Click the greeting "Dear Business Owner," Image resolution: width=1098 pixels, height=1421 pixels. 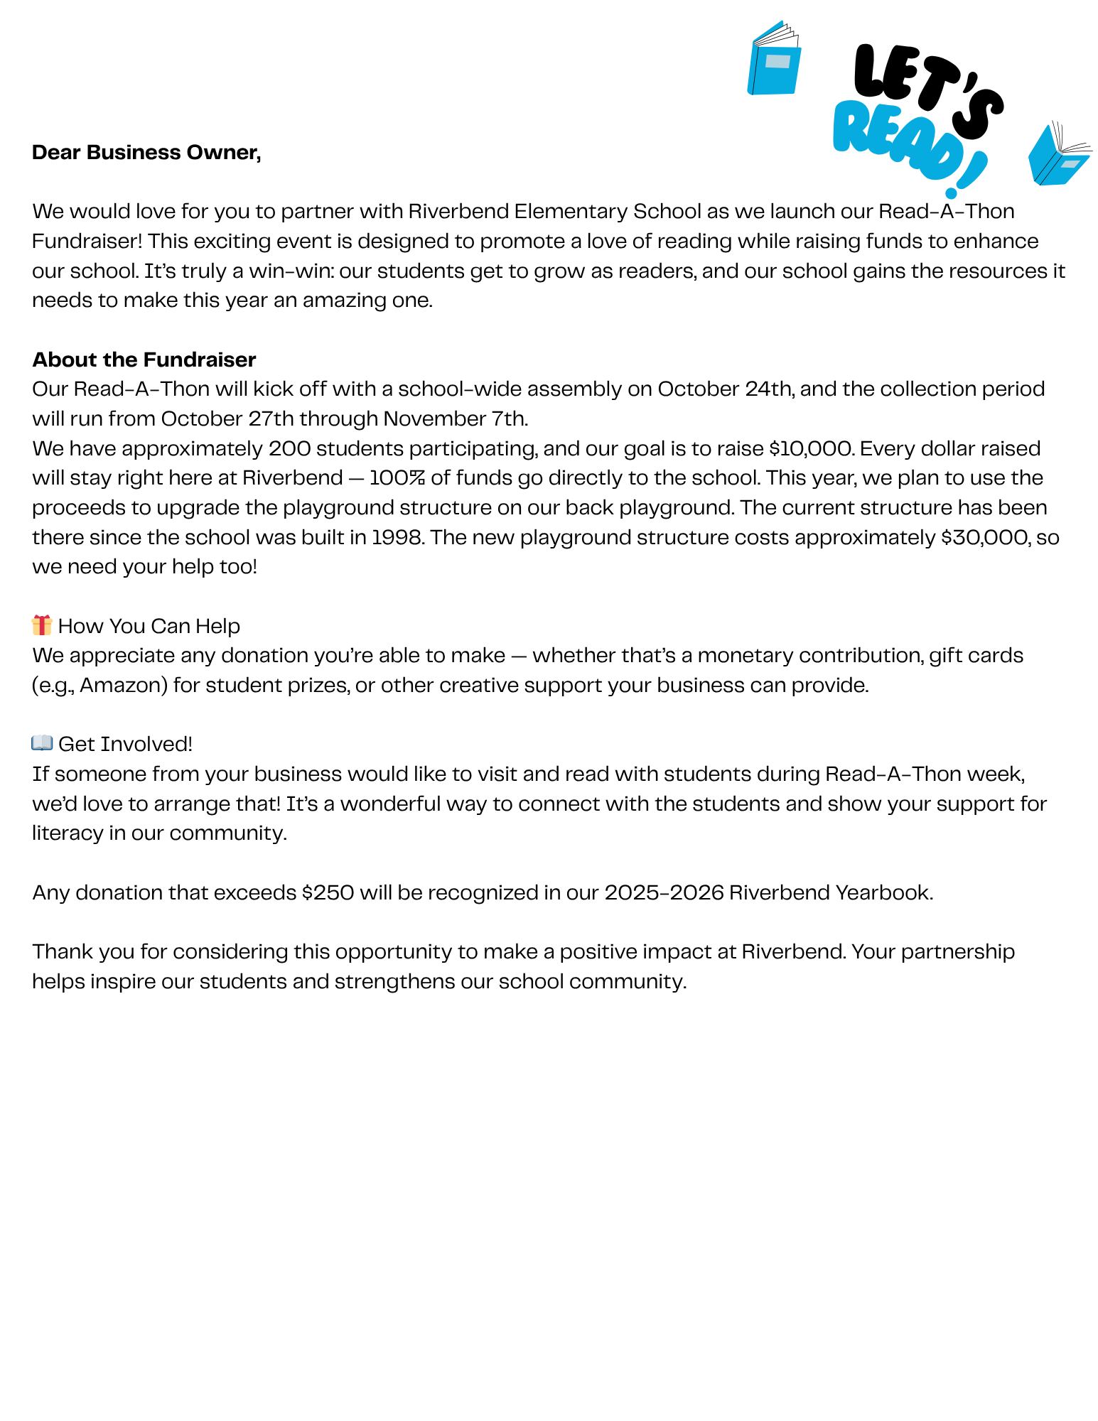click(x=146, y=153)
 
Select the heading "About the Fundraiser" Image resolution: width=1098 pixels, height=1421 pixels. click(x=144, y=360)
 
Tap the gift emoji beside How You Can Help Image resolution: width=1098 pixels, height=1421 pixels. click(x=42, y=625)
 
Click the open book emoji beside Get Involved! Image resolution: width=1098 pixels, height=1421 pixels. click(x=42, y=743)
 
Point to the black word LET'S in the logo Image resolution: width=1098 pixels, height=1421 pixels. click(x=924, y=85)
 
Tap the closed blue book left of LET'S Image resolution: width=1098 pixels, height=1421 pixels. click(x=774, y=60)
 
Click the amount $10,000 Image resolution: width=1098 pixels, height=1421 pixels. click(x=810, y=449)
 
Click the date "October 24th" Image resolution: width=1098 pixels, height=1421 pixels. click(x=723, y=389)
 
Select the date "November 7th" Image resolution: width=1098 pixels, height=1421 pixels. click(x=455, y=419)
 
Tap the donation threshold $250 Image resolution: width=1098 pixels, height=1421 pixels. click(x=328, y=892)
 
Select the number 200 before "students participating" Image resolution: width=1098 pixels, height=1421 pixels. click(x=289, y=449)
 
